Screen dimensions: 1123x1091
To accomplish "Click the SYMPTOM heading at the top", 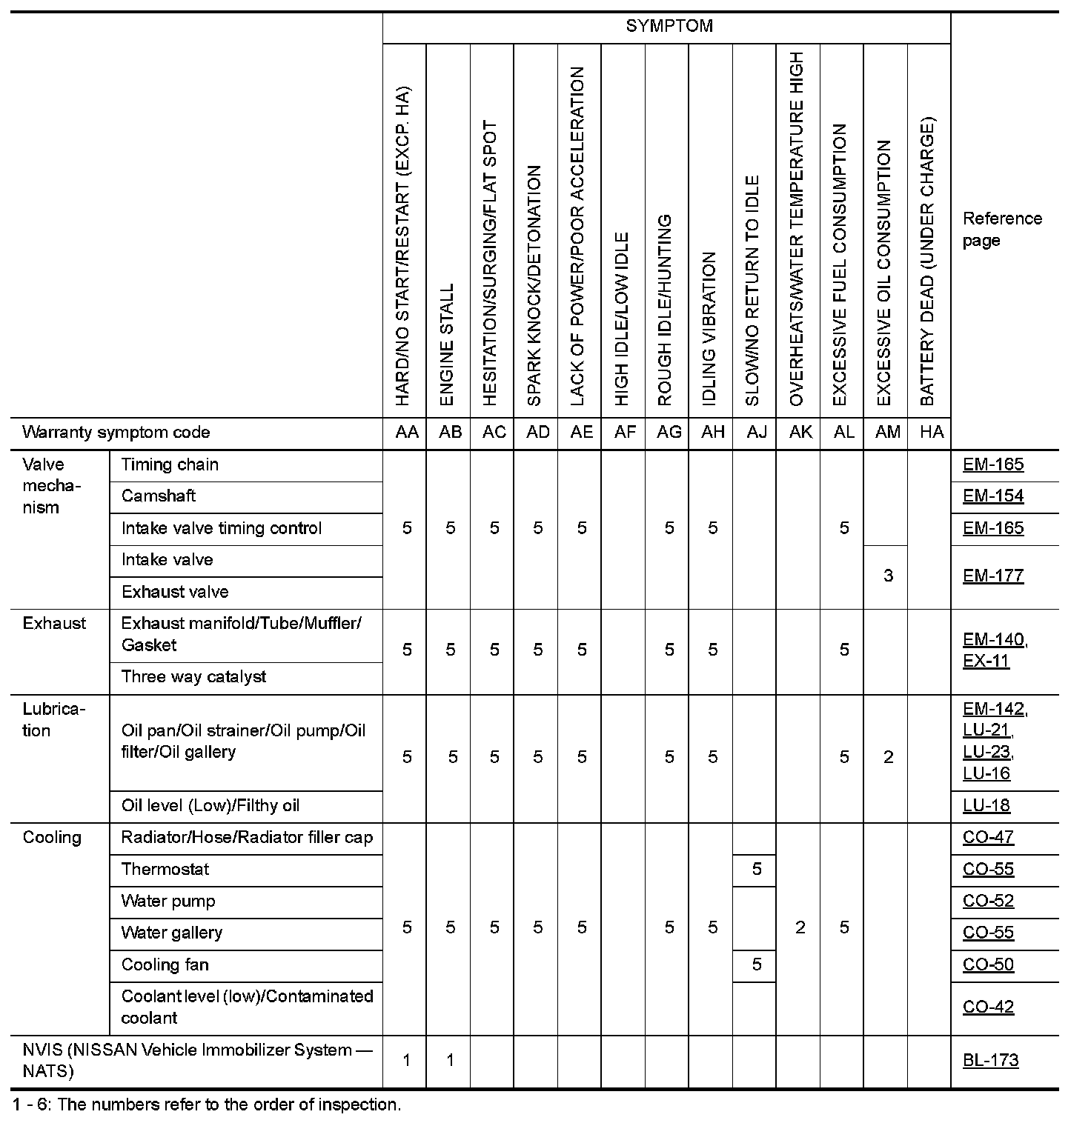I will [x=669, y=26].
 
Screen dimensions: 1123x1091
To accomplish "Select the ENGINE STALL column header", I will [x=447, y=344].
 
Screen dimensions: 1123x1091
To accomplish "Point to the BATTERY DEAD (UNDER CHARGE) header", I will [x=928, y=261].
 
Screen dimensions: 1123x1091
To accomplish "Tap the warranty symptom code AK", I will [x=800, y=433].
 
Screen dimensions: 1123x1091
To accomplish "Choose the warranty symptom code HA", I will [x=931, y=433].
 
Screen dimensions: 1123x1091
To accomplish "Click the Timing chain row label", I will [x=170, y=465].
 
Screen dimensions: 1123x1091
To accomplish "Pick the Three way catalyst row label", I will [x=193, y=677].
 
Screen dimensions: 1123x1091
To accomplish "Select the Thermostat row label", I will [x=165, y=870].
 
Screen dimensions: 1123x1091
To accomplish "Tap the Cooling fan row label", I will [x=165, y=965].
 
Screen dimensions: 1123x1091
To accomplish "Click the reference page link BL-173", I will [x=990, y=1061].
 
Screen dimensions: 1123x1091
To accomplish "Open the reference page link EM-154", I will [x=992, y=496].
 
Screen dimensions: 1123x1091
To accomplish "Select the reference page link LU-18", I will [x=986, y=806].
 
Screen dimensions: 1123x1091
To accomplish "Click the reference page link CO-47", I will [x=988, y=838].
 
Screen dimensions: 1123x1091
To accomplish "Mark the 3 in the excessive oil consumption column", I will [x=888, y=576].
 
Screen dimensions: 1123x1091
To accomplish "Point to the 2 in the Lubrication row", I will [x=888, y=757].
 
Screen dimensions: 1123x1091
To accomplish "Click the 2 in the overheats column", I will [x=800, y=928].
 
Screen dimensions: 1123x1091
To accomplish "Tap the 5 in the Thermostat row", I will [x=756, y=870].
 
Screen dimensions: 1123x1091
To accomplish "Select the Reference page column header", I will [x=1001, y=230].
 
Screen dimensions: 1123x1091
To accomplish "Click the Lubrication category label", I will [x=53, y=720].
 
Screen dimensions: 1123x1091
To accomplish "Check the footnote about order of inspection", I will [x=207, y=1105].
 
